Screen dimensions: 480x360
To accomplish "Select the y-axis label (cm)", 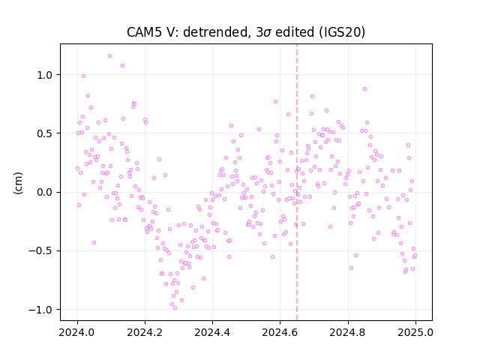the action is point(18,183).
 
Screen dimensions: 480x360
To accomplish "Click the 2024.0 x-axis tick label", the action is point(76,332).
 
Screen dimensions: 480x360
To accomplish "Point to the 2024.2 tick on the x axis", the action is point(145,332).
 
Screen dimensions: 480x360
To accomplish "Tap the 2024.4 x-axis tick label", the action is point(212,332).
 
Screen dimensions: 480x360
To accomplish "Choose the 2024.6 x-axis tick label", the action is point(280,332).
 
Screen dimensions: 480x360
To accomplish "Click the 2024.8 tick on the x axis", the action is point(347,332).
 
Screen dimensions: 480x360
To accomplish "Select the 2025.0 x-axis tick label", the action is point(415,332).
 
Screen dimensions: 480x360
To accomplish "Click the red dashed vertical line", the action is point(297,182).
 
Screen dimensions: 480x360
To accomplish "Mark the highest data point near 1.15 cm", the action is point(109,56).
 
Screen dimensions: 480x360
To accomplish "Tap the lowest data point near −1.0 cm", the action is point(175,308).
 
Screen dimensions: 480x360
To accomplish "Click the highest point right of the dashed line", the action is point(364,88).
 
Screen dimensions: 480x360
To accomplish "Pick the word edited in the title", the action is point(295,32).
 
